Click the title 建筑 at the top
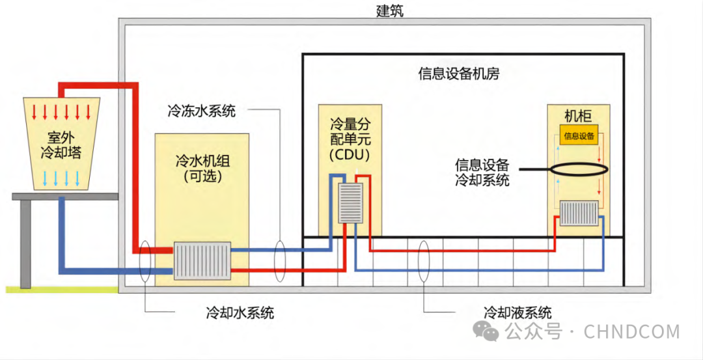[x=390, y=10]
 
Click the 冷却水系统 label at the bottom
[x=240, y=312]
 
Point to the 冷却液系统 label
[x=517, y=312]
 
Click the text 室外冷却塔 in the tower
[x=60, y=145]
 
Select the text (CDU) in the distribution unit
[x=349, y=155]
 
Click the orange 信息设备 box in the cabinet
[x=579, y=136]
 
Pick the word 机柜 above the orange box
[x=578, y=117]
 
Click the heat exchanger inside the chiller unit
[x=202, y=260]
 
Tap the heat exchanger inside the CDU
[x=350, y=203]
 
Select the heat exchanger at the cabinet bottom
[x=579, y=213]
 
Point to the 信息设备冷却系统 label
[x=482, y=172]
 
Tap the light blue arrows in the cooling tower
[x=61, y=178]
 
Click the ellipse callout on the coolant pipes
[x=424, y=261]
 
